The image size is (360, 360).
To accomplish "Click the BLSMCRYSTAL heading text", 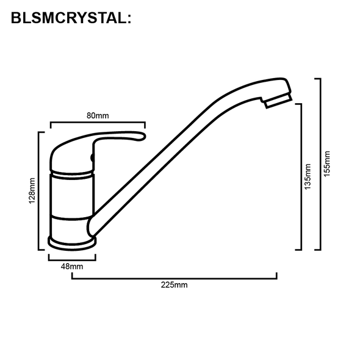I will click(71, 18).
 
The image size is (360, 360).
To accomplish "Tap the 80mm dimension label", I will click(98, 115).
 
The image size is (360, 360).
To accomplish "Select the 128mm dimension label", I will click(32, 191).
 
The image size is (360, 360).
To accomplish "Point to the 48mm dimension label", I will click(71, 267).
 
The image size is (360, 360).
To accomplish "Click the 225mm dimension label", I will click(175, 284).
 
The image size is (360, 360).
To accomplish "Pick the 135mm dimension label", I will click(308, 176).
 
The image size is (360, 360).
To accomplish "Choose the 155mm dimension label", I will click(328, 163).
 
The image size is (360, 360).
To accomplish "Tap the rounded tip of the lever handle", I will click(143, 137).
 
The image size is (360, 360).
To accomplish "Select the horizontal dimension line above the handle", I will click(98, 122).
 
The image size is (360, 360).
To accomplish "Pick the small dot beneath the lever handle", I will click(93, 158).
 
